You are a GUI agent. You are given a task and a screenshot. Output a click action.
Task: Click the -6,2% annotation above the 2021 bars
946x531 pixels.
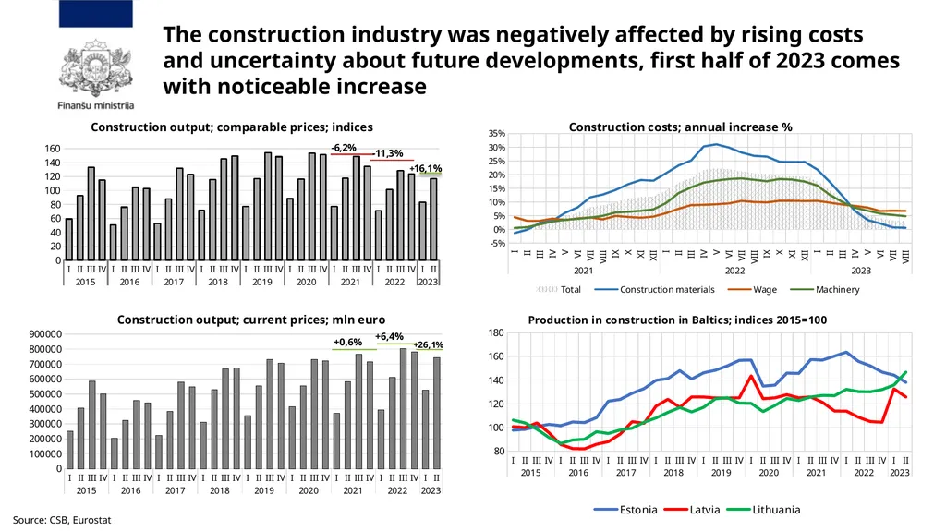(x=344, y=148)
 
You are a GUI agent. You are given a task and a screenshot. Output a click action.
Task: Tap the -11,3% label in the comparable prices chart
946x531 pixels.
(x=387, y=153)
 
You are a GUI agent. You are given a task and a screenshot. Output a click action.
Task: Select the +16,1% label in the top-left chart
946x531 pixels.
(x=425, y=168)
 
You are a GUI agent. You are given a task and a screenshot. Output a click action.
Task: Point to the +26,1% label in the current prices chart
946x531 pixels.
(x=429, y=344)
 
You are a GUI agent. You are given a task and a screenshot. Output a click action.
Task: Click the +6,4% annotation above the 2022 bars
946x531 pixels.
(x=389, y=337)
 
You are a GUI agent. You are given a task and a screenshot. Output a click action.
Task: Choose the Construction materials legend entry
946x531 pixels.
(x=655, y=290)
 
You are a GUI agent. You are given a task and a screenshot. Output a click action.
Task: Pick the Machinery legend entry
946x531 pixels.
(x=825, y=290)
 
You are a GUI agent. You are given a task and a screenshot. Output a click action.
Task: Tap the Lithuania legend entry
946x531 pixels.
(x=763, y=510)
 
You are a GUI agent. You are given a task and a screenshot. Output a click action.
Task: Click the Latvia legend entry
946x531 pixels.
(x=692, y=510)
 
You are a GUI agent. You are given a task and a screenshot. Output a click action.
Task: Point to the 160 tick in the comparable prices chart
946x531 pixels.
(x=53, y=149)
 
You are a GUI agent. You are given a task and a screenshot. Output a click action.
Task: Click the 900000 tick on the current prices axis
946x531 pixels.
(x=45, y=334)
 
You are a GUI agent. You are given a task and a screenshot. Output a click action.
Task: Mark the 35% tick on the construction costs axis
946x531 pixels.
(x=496, y=133)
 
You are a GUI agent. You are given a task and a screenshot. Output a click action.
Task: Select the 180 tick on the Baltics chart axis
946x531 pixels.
(x=495, y=332)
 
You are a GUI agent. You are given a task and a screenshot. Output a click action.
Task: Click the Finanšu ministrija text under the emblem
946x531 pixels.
(x=96, y=105)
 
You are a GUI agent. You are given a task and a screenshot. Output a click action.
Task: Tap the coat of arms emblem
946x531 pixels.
(x=95, y=67)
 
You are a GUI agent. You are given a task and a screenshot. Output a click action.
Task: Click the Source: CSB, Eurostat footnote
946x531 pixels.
(x=62, y=520)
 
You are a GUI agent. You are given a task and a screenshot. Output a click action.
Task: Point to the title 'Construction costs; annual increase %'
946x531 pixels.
(x=680, y=127)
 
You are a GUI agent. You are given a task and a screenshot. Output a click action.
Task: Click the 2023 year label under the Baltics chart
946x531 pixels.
(x=900, y=473)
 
